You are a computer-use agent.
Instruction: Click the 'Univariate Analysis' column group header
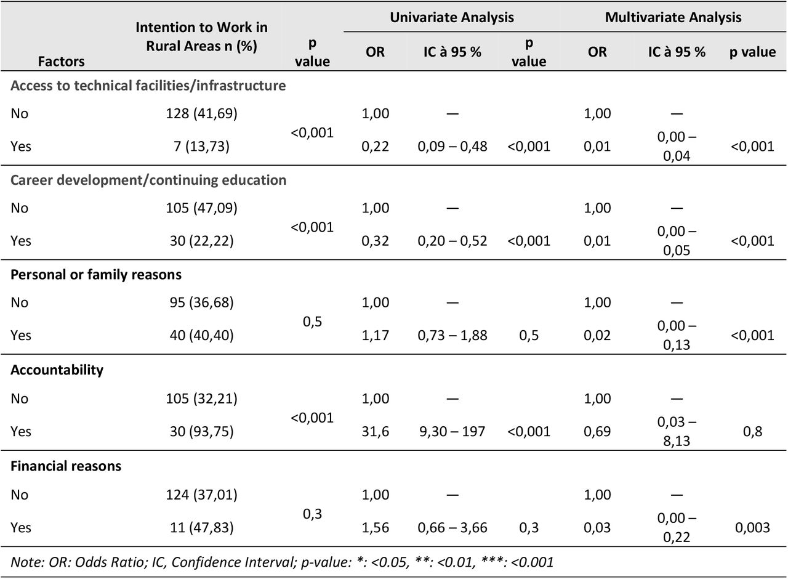tap(452, 18)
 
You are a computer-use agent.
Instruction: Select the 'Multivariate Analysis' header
tap(673, 18)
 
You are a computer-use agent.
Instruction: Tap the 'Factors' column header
tap(61, 62)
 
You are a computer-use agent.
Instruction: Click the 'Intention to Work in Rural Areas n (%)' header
tap(201, 36)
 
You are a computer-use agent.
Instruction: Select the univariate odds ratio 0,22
tap(376, 147)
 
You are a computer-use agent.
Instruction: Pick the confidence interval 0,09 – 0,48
tap(452, 147)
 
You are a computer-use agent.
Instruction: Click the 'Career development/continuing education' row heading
tap(148, 180)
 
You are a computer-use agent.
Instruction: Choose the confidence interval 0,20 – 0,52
tap(452, 241)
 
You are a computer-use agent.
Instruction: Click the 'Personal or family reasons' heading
tap(96, 275)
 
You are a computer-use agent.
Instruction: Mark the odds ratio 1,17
tap(376, 335)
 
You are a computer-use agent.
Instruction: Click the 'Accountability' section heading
tap(57, 370)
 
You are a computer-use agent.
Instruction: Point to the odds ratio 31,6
tap(376, 432)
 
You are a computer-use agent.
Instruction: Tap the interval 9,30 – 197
tap(452, 432)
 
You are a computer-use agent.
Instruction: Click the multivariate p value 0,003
tap(752, 528)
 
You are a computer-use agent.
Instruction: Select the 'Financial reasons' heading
tap(66, 466)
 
